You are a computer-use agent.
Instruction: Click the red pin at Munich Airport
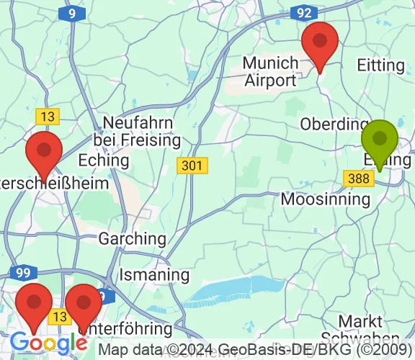(x=321, y=45)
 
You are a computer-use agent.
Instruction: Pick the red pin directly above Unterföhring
(x=84, y=307)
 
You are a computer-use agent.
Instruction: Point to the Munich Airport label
(x=270, y=71)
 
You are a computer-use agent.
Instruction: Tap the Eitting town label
(x=381, y=65)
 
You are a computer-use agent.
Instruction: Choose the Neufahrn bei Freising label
(x=136, y=130)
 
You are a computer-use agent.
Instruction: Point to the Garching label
(x=133, y=238)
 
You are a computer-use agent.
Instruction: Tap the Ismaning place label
(x=154, y=274)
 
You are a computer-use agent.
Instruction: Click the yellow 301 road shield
(x=192, y=166)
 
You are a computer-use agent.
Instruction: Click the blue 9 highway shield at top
(x=72, y=13)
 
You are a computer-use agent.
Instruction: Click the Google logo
(x=49, y=342)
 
